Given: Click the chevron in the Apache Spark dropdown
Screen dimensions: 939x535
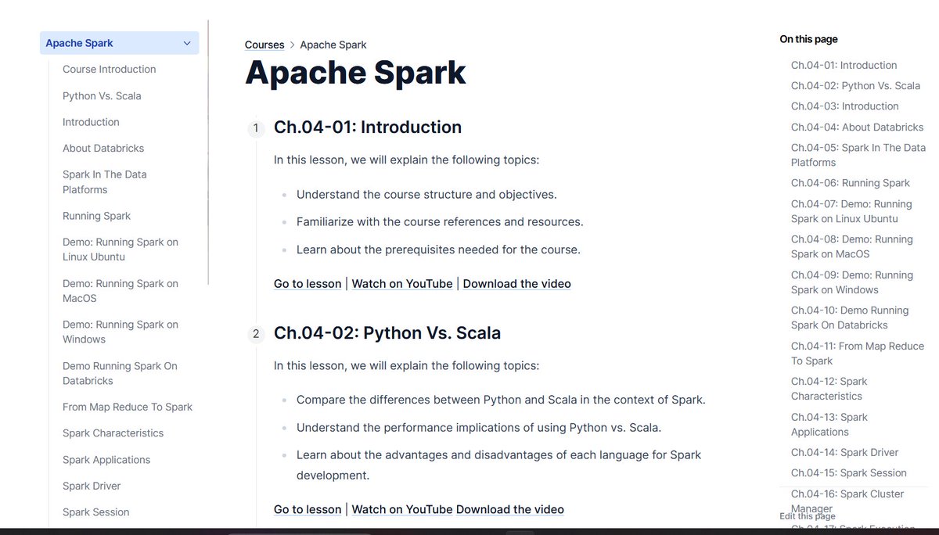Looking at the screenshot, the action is click(187, 43).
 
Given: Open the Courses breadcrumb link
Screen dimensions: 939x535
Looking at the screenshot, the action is click(264, 45).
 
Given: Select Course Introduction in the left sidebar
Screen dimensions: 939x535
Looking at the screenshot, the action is click(109, 69).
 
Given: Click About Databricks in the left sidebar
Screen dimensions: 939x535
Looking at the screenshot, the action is click(103, 149).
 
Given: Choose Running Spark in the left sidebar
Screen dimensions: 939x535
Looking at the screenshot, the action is click(96, 216).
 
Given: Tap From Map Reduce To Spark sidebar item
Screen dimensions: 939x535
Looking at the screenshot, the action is click(128, 408).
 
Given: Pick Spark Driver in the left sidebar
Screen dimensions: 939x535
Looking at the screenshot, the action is click(92, 486).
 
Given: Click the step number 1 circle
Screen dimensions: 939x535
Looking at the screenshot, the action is click(256, 127).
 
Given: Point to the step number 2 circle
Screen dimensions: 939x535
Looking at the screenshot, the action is click(256, 334).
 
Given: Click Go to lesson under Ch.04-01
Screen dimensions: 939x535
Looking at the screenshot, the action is click(308, 284).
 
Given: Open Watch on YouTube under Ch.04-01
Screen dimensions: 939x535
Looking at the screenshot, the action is click(402, 284).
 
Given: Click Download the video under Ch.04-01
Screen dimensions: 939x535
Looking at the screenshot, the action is click(517, 284).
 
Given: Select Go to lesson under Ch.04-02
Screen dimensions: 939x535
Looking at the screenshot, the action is click(308, 509).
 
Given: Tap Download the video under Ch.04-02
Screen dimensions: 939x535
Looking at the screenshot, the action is click(509, 509).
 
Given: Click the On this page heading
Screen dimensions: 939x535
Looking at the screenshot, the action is click(808, 39).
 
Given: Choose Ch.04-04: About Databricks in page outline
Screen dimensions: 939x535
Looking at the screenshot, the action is click(858, 127).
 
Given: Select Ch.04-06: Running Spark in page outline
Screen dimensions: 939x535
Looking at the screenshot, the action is click(850, 183).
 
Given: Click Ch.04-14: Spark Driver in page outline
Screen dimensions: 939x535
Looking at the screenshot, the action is click(844, 452).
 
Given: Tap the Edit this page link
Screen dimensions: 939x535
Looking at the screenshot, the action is click(808, 516).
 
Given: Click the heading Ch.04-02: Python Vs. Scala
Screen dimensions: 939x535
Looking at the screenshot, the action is click(387, 333).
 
